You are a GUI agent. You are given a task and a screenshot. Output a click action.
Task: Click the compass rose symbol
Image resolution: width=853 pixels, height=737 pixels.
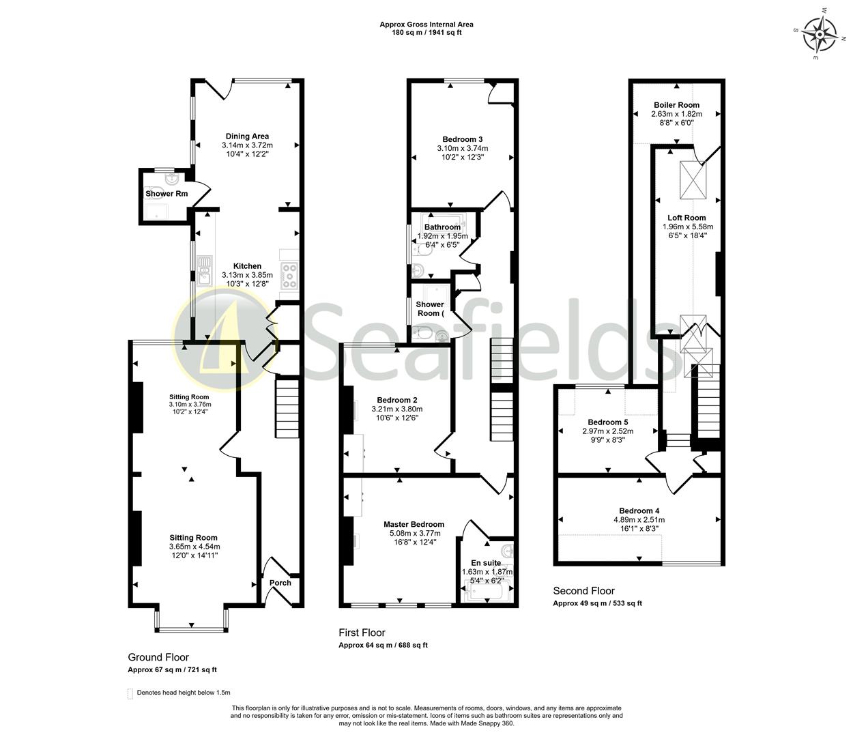pos(820,33)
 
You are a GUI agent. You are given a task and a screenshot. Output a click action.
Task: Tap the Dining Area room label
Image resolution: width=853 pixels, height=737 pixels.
pos(247,136)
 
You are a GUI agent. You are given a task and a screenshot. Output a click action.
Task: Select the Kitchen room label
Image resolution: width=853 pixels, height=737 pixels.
pos(247,266)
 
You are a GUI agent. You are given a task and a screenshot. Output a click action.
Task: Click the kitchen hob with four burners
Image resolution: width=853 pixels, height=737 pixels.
pos(289,275)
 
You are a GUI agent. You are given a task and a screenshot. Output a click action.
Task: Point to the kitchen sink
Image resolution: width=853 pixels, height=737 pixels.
pos(204,270)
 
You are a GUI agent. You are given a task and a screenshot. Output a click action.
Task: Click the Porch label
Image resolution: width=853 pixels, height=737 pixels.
pos(280,583)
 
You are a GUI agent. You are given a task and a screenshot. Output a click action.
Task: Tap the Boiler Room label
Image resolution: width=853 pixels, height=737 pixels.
pos(676,105)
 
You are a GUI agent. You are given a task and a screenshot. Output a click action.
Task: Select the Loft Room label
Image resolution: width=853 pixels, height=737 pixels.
pos(686,218)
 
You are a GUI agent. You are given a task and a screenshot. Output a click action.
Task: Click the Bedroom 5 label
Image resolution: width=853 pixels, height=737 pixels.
pos(607,422)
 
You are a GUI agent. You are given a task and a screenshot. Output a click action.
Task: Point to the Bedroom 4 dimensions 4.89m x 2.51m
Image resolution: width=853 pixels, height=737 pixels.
pos(639,519)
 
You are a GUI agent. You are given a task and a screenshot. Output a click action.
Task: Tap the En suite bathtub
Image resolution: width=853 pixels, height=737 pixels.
pos(487,591)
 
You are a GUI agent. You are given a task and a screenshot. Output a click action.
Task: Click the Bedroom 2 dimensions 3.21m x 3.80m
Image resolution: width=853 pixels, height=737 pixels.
pos(396,409)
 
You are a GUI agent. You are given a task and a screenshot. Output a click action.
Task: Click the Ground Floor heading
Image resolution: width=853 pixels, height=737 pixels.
pos(158,657)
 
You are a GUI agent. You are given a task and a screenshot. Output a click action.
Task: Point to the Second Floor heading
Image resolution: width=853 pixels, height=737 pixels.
pos(583,591)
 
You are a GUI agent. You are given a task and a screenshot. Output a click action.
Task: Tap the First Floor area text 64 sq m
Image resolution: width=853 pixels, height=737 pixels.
pos(384,646)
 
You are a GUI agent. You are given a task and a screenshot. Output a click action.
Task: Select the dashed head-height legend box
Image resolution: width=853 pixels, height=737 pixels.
pos(130,693)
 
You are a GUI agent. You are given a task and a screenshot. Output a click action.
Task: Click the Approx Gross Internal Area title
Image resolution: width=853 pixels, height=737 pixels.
pos(426,25)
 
